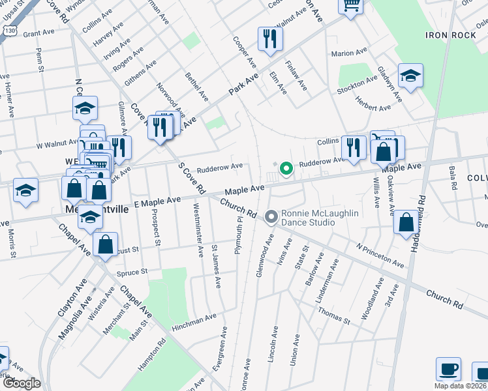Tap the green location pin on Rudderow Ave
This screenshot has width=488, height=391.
click(x=286, y=169)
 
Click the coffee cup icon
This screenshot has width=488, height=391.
click(x=448, y=369)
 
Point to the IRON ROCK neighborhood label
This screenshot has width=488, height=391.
click(x=450, y=35)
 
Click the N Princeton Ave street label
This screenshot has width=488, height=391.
click(x=380, y=255)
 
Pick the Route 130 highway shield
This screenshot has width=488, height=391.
click(x=8, y=31)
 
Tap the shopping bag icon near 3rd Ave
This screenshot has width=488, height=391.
click(x=406, y=223)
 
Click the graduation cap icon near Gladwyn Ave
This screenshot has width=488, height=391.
click(x=410, y=76)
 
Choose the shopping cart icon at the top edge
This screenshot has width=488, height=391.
click(x=350, y=6)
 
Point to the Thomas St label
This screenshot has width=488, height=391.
click(x=335, y=316)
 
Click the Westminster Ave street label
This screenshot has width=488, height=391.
click(x=198, y=227)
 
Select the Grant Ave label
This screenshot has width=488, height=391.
click(x=38, y=32)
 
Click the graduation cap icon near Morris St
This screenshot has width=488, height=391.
click(x=25, y=190)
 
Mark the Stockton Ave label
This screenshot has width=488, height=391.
click(x=358, y=83)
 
